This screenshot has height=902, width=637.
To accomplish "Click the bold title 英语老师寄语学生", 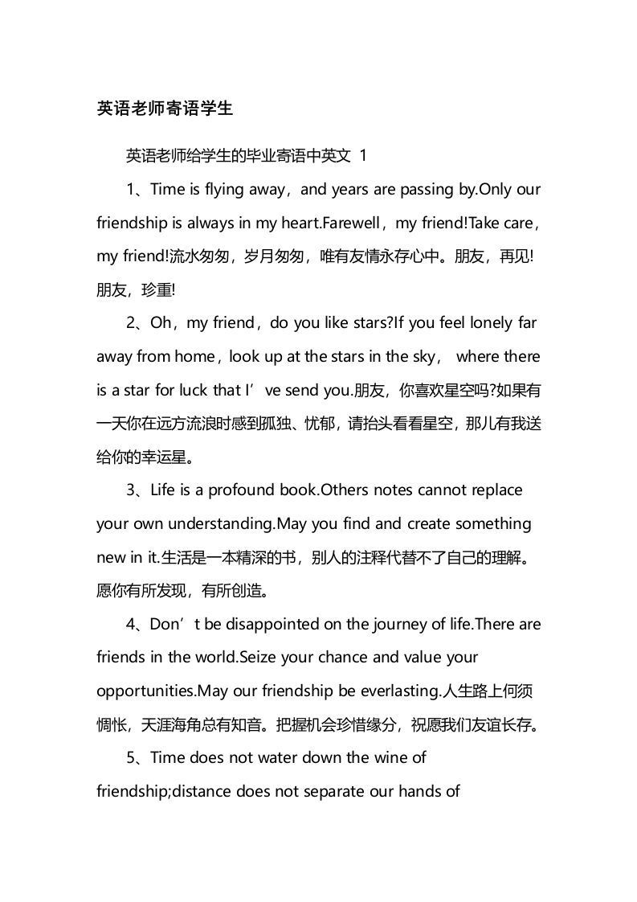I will pyautogui.click(x=165, y=109).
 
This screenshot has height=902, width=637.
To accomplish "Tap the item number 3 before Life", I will pyautogui.click(x=131, y=490).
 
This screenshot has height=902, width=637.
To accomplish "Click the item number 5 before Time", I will pyautogui.click(x=131, y=757).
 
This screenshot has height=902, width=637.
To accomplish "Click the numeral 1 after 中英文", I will pyautogui.click(x=365, y=156).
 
